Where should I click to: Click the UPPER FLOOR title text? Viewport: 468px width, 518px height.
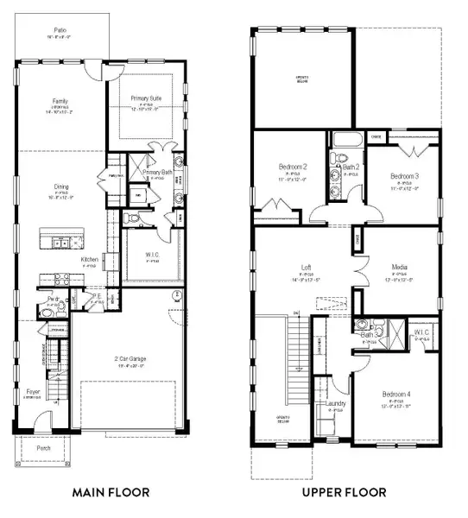coord(344,492)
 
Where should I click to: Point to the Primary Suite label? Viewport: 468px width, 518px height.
coord(146,98)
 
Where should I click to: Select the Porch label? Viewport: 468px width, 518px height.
coord(43,449)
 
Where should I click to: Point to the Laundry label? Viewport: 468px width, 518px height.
coord(335,404)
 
